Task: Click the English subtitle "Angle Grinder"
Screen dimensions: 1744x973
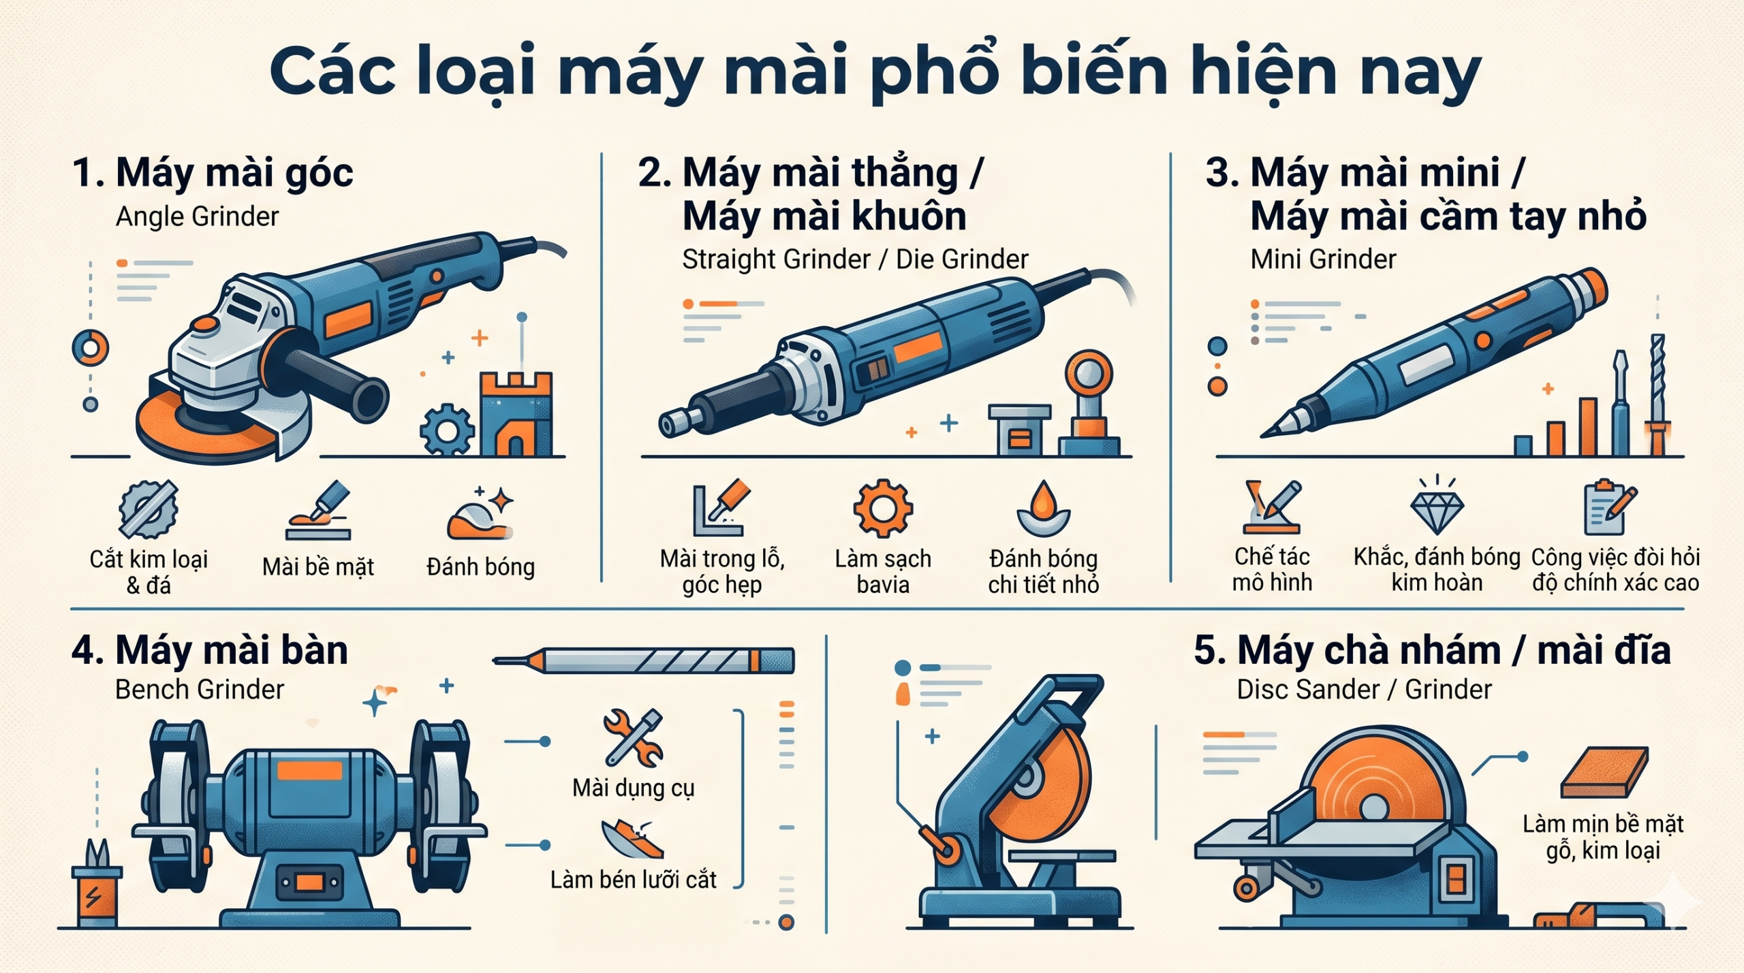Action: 197,217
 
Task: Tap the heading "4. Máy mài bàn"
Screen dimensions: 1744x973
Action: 210,650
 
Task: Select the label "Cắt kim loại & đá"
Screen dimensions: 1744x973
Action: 149,572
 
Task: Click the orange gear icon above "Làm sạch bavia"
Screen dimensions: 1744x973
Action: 883,508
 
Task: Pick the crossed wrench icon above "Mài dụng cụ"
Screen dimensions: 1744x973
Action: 634,737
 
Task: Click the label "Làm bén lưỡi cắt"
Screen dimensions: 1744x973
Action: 634,880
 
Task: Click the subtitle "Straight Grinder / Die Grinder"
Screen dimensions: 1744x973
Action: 855,259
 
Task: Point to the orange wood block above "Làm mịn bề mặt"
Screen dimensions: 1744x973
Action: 1605,771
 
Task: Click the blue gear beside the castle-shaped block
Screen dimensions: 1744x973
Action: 447,430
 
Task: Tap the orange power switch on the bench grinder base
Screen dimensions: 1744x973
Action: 309,883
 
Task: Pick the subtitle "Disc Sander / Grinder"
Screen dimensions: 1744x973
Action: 1364,690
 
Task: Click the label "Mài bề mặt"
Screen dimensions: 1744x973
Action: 318,567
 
